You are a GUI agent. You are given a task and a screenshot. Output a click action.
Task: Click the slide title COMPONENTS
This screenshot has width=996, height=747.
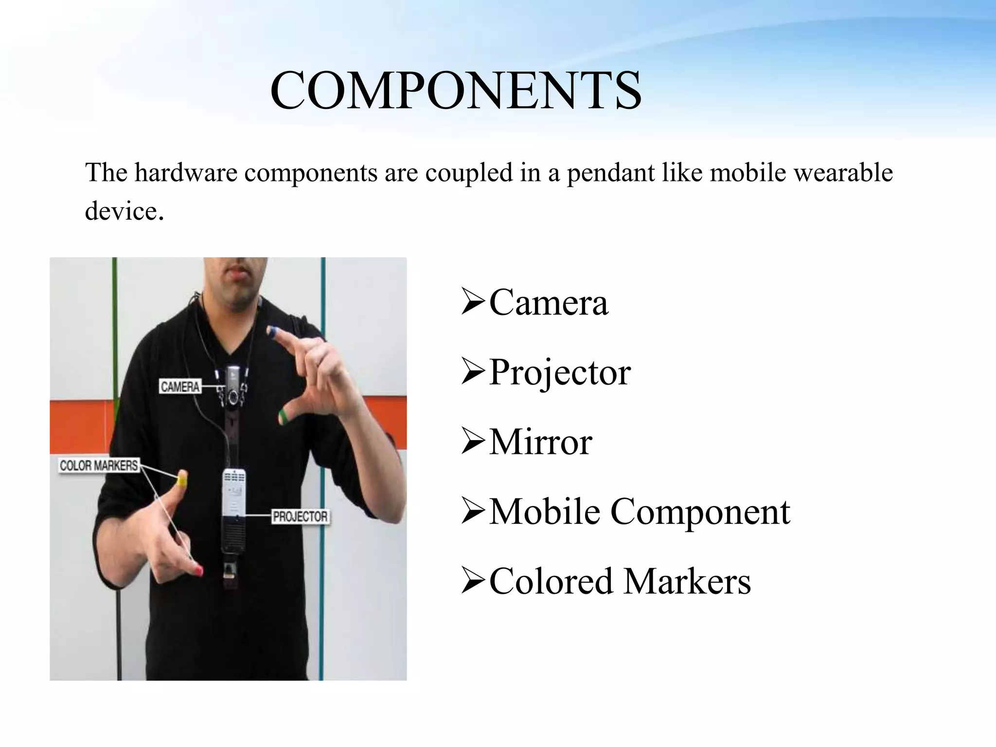(456, 91)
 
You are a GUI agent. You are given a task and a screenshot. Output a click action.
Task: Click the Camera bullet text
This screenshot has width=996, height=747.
(548, 302)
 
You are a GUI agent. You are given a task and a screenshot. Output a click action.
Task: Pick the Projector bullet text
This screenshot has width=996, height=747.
(560, 373)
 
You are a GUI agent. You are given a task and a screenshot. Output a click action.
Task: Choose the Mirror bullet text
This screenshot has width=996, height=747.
(540, 442)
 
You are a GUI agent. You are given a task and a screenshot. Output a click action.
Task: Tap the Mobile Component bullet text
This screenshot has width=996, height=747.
(639, 512)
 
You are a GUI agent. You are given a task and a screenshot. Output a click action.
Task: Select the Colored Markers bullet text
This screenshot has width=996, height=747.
(620, 581)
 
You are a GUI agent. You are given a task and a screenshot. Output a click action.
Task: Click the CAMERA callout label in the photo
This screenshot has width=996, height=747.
(180, 387)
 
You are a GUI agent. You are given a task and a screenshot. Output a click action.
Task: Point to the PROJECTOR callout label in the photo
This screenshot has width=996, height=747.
(300, 516)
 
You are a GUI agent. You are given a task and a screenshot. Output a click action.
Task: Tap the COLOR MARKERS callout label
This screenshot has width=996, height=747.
(99, 466)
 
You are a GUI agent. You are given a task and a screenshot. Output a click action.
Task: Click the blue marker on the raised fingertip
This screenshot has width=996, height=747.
(272, 332)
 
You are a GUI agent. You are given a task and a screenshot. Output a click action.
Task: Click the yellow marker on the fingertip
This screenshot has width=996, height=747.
(182, 481)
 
